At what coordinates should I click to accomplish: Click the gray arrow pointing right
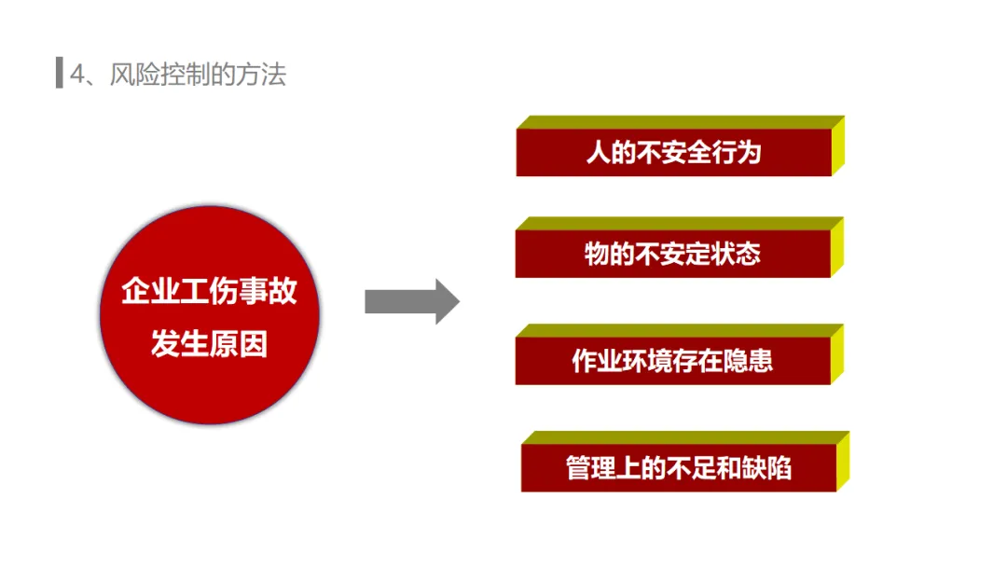[411, 301]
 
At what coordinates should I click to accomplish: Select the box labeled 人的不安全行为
[673, 152]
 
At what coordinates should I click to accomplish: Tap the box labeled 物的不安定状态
[672, 254]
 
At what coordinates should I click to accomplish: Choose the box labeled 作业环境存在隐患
[672, 361]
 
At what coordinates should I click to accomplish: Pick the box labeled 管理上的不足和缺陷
[678, 467]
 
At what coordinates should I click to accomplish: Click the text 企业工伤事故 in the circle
[210, 291]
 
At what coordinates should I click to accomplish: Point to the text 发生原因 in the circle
[210, 344]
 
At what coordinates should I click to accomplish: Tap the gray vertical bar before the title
[59, 74]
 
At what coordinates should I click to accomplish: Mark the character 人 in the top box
[597, 152]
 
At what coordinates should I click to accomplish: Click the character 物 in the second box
[596, 254]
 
